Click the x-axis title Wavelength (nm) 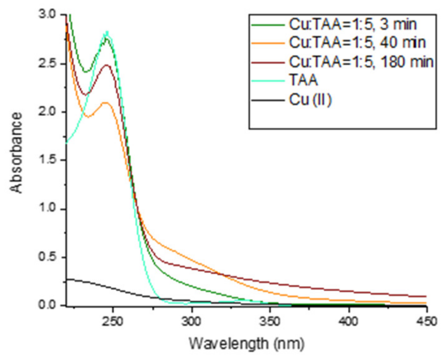pyautogui.click(x=247, y=344)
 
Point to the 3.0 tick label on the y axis pyautogui.click(x=47, y=14)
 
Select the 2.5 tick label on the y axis pyautogui.click(x=47, y=63)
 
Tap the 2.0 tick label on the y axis pyautogui.click(x=47, y=111)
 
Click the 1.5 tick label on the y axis pyautogui.click(x=47, y=160)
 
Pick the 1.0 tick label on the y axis pyautogui.click(x=47, y=208)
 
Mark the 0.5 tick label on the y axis pyautogui.click(x=47, y=257)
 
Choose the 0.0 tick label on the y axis pyautogui.click(x=47, y=305)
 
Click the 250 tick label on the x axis pyautogui.click(x=113, y=321)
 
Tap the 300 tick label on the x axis pyautogui.click(x=191, y=321)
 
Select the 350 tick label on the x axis pyautogui.click(x=270, y=321)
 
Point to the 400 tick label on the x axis pyautogui.click(x=348, y=321)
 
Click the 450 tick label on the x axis pyautogui.click(x=426, y=321)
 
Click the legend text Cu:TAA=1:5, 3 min pyautogui.click(x=353, y=24)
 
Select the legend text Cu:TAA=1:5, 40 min pyautogui.click(x=357, y=43)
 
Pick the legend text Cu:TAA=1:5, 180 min pyautogui.click(x=361, y=62)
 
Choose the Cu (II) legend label pyautogui.click(x=310, y=100)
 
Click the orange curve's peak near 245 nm pyautogui.click(x=106, y=102)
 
